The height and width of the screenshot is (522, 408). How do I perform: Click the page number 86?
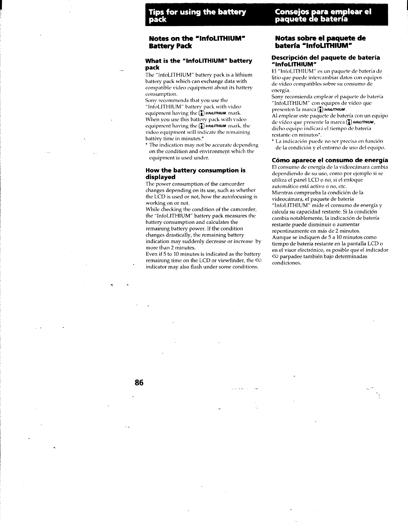coord(139,383)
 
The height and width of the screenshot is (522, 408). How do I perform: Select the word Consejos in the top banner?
coord(290,12)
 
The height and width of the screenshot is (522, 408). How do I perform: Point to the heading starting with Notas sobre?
coord(320,41)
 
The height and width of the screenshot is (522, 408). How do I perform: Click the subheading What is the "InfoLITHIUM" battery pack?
coord(199,64)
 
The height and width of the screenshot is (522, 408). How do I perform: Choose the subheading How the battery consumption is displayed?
coord(195,173)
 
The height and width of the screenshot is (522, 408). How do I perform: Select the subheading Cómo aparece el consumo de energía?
coord(330,160)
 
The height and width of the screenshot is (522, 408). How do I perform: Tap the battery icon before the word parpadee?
coord(275,256)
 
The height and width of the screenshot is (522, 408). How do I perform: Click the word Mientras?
coord(282,192)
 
